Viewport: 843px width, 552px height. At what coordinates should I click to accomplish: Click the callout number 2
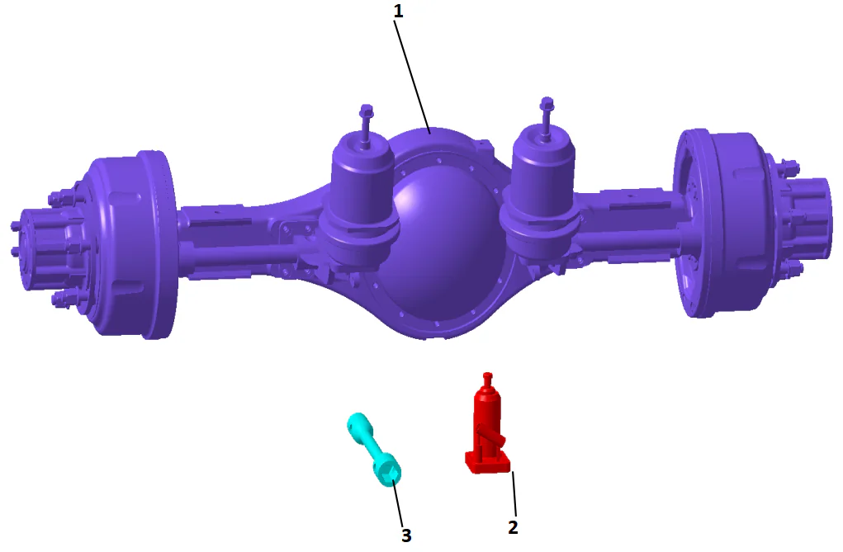(513, 527)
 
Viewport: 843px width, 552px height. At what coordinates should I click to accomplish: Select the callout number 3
(405, 535)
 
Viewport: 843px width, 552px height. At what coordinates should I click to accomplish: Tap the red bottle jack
(488, 425)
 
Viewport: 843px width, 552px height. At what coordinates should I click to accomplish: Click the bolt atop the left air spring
(367, 116)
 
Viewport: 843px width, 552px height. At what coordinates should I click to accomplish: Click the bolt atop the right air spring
(546, 107)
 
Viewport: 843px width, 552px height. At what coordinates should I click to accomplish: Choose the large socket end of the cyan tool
(388, 470)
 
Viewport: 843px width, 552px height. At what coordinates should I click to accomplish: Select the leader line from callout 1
(413, 74)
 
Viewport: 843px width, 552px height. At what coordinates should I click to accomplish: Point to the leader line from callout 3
(398, 502)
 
